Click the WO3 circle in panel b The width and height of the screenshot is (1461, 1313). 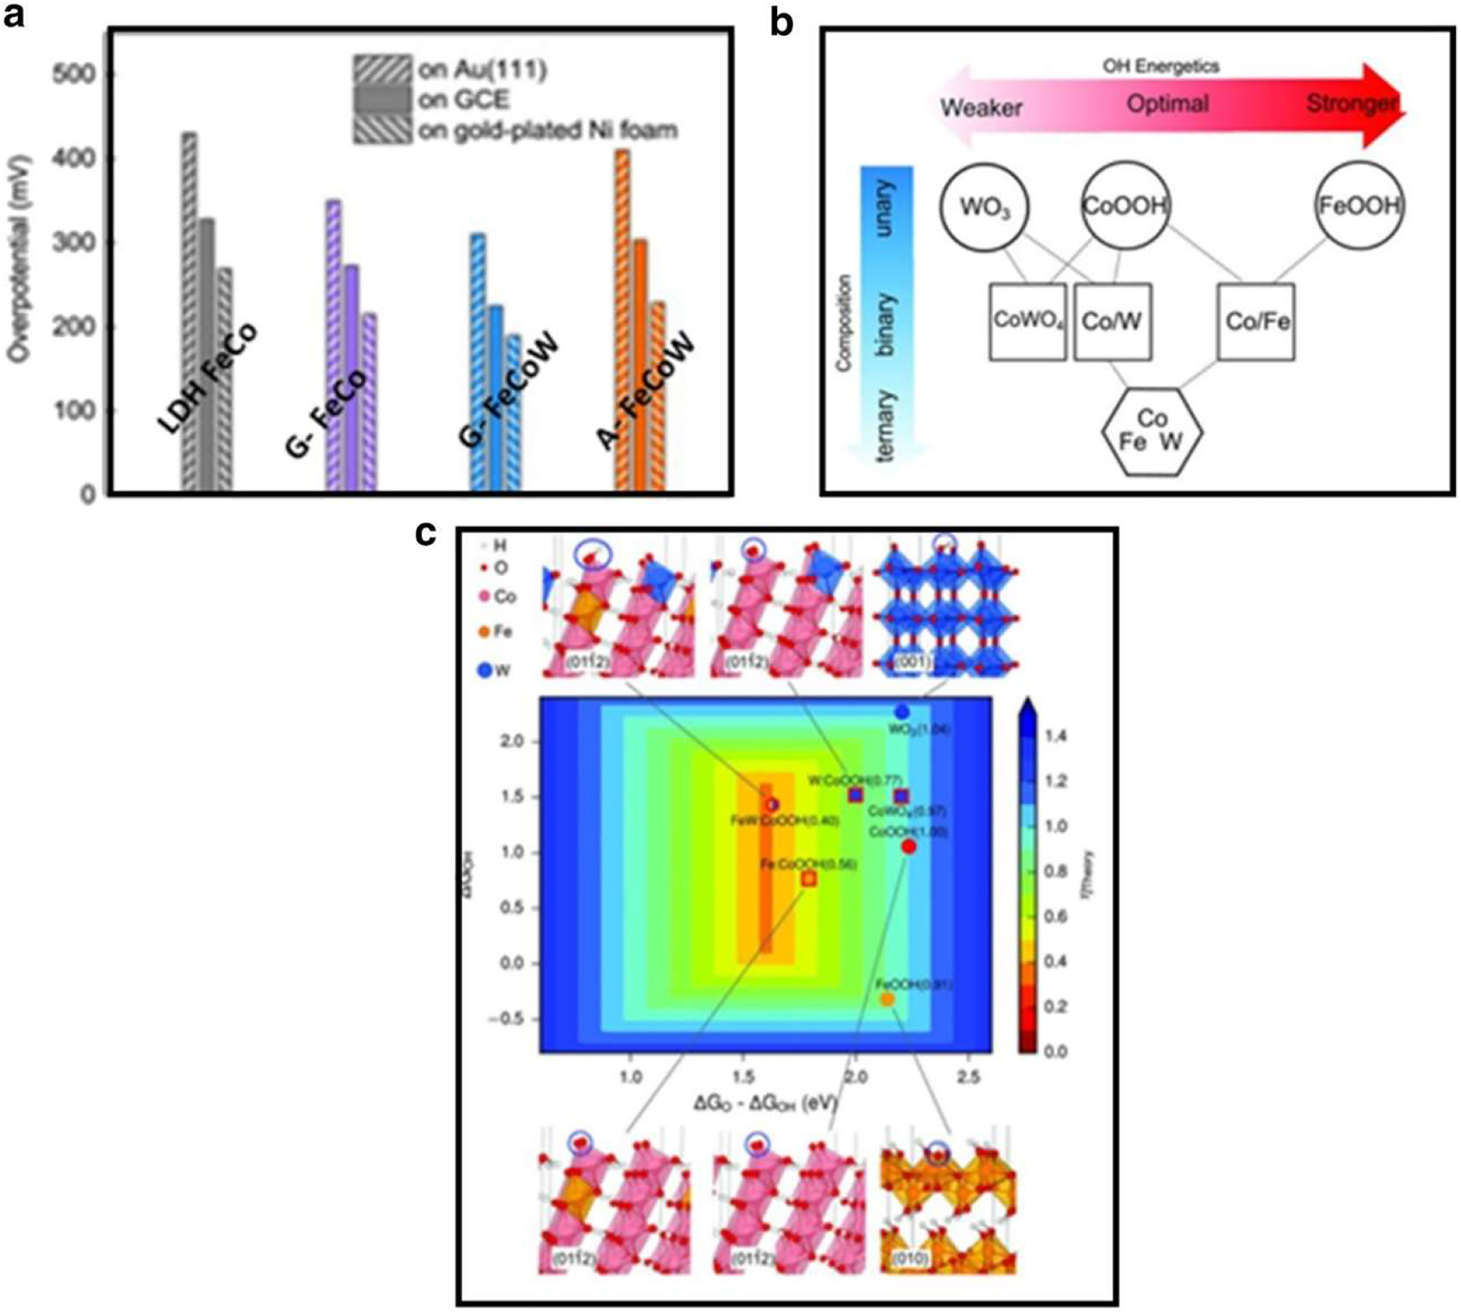tap(983, 207)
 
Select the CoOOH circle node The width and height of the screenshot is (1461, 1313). tap(1124, 205)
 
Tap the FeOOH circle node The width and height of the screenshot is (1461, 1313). tap(1359, 205)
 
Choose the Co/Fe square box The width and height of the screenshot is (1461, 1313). tap(1257, 321)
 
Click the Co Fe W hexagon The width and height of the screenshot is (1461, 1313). tap(1151, 431)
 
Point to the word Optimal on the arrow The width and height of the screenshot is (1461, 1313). tap(1167, 104)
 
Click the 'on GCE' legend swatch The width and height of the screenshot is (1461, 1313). tap(381, 99)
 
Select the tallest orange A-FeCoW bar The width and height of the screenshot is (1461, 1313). tap(622, 321)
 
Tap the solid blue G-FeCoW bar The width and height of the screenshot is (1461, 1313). tap(496, 398)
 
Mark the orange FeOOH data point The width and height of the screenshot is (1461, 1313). tap(887, 999)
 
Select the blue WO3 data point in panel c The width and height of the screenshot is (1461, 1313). tap(902, 711)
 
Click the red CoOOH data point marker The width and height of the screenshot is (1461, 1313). tap(909, 846)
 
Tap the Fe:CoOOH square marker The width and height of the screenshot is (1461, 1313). tap(809, 879)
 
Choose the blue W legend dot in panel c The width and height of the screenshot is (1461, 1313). tap(483, 670)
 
